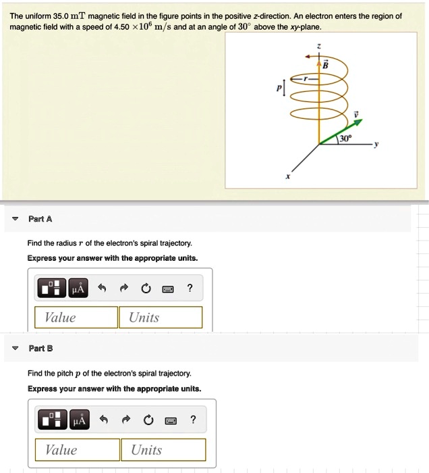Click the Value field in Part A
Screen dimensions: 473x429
tap(76, 318)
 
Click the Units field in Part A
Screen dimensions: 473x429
tap(161, 318)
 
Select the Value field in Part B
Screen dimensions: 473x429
tap(78, 450)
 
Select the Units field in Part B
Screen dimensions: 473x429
tap(163, 450)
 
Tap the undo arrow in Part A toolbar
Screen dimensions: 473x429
tap(103, 289)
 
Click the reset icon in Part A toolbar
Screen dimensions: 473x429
tap(145, 289)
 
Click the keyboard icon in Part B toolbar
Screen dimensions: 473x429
tap(170, 421)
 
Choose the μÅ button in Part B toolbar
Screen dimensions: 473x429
tap(80, 421)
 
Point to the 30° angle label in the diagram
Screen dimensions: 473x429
tap(345, 138)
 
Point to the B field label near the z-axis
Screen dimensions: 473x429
tap(324, 64)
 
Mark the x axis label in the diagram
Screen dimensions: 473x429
tap(287, 176)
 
